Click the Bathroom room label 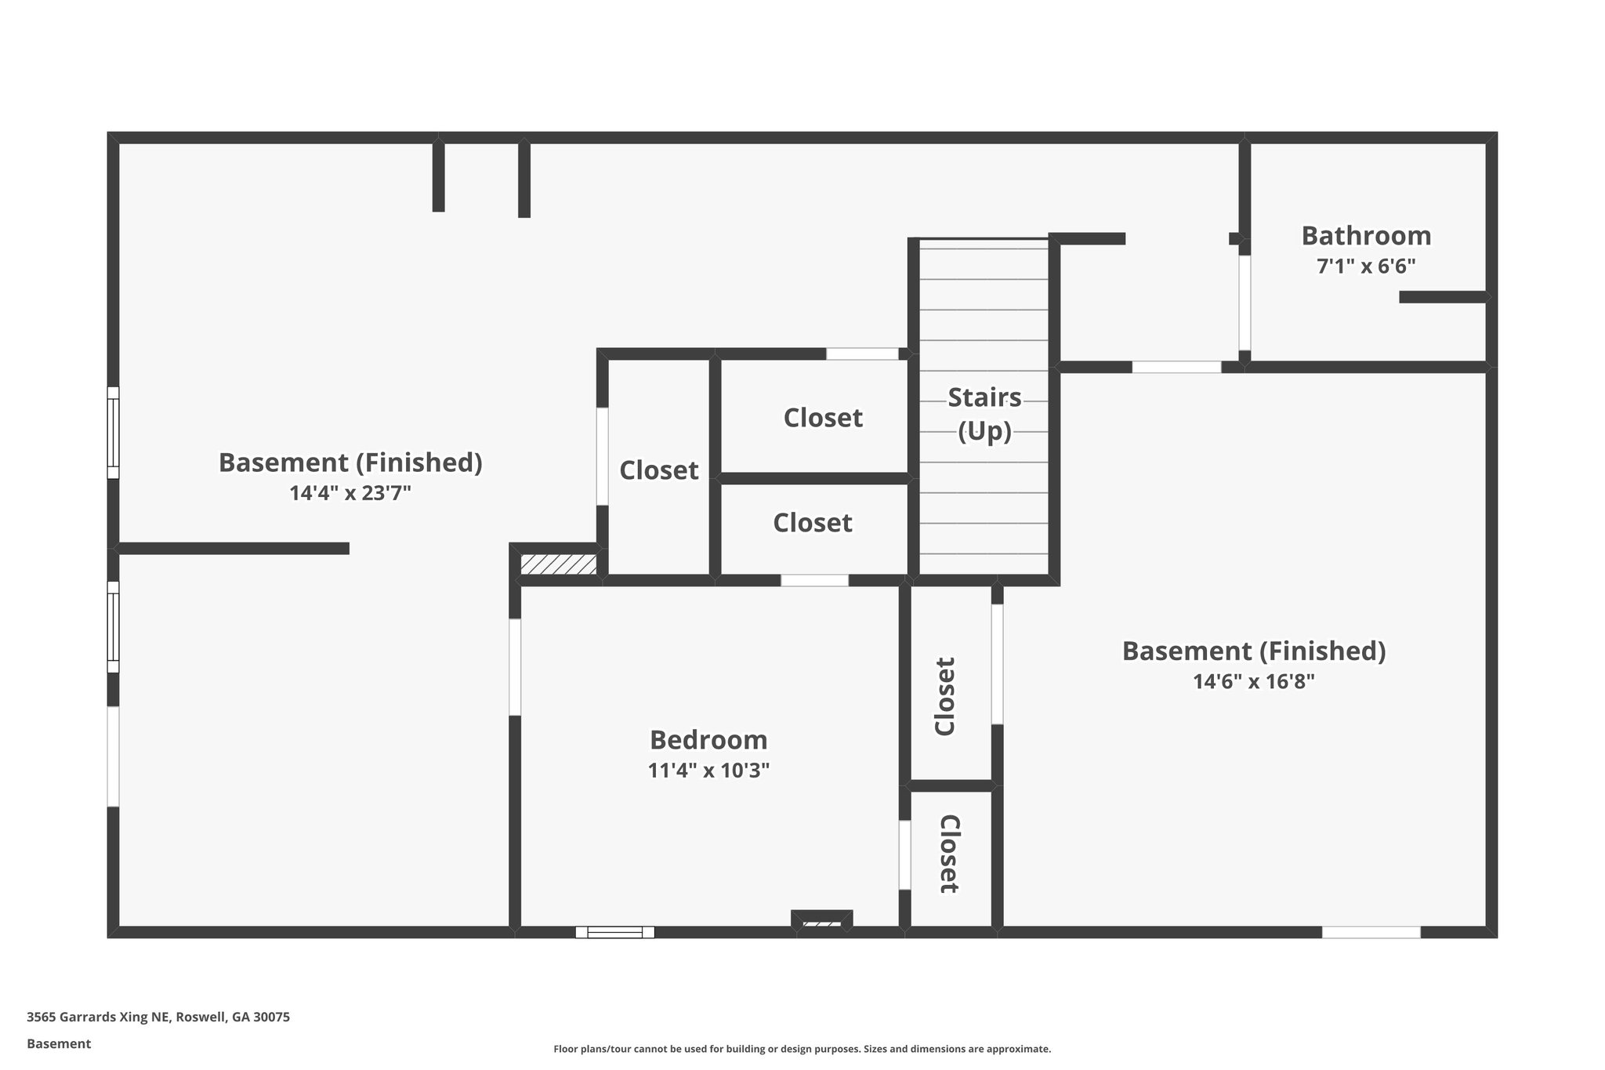pyautogui.click(x=1366, y=236)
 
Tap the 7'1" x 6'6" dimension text pyautogui.click(x=1366, y=267)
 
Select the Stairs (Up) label pyautogui.click(x=984, y=415)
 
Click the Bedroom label pyautogui.click(x=708, y=740)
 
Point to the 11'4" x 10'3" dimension pyautogui.click(x=708, y=771)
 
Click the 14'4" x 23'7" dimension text pyautogui.click(x=350, y=493)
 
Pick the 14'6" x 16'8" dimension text pyautogui.click(x=1253, y=682)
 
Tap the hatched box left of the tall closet pyautogui.click(x=559, y=564)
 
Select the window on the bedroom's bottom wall pyautogui.click(x=614, y=932)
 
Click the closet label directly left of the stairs pyautogui.click(x=823, y=418)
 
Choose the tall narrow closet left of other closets pyautogui.click(x=658, y=470)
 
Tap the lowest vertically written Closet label pyautogui.click(x=949, y=854)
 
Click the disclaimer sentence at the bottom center pyautogui.click(x=802, y=1049)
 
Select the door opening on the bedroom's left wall pyautogui.click(x=515, y=667)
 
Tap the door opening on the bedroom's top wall pyautogui.click(x=814, y=581)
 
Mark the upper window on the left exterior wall pyautogui.click(x=114, y=433)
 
